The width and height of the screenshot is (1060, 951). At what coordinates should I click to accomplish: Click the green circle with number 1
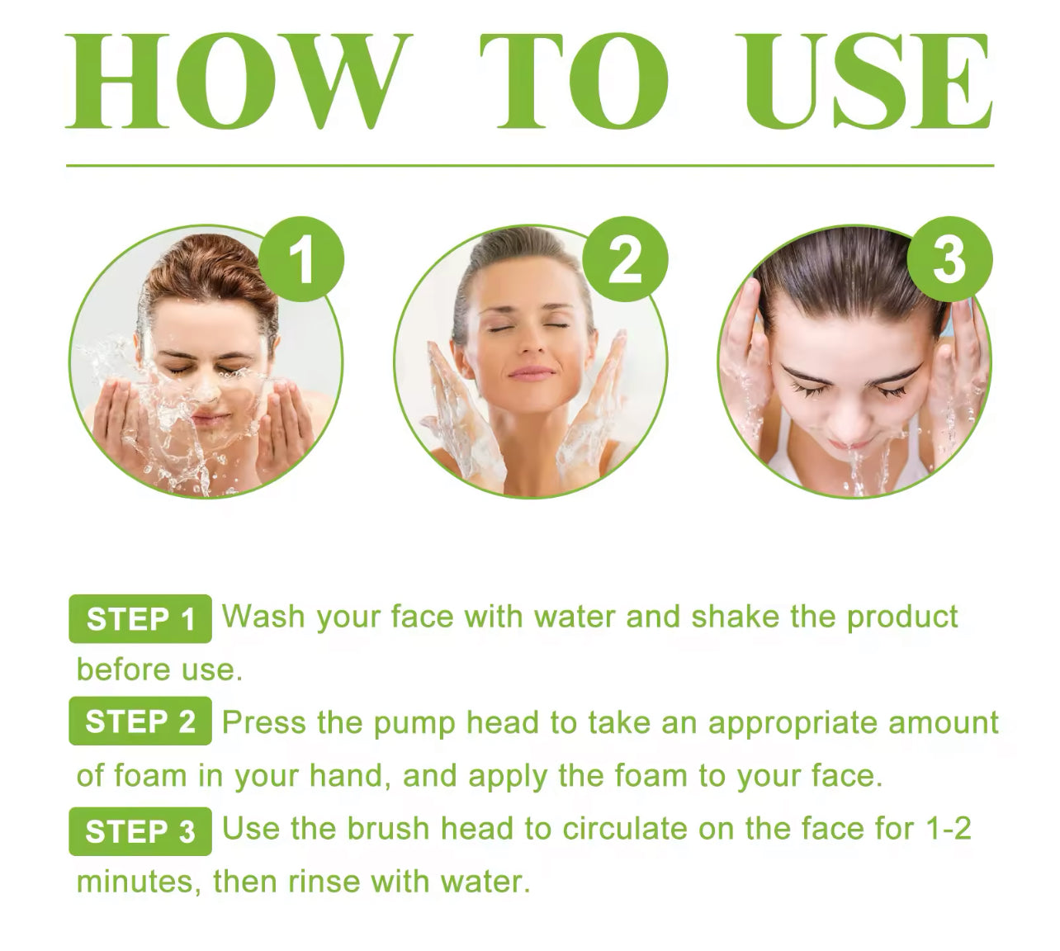[x=302, y=259]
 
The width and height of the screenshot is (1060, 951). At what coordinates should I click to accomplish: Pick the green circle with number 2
[x=626, y=259]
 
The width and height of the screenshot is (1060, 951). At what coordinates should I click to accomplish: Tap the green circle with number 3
[x=949, y=259]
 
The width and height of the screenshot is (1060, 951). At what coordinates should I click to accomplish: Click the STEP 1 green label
[x=140, y=619]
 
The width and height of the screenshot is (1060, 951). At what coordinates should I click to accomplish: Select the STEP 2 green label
[x=140, y=721]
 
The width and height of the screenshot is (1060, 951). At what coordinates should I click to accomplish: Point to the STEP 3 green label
[x=140, y=831]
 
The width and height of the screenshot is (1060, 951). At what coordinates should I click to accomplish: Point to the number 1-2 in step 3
[x=949, y=829]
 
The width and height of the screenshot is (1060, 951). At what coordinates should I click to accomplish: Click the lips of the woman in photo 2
[x=531, y=373]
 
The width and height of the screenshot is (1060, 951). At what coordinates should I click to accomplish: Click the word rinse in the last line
[x=324, y=882]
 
